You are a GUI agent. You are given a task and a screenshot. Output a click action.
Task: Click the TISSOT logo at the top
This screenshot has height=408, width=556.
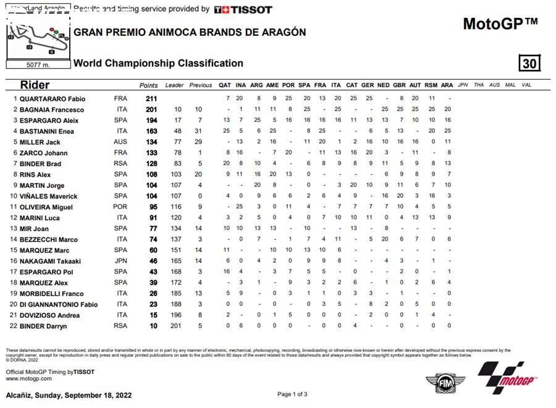243,9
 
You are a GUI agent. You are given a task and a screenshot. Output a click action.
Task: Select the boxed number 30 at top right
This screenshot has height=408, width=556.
529,64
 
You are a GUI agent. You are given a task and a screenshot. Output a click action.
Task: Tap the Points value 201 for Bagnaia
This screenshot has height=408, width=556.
151,109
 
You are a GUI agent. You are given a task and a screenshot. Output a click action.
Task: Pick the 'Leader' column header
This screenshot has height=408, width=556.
174,85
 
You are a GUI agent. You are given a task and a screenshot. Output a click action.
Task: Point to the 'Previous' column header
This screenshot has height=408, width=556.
200,85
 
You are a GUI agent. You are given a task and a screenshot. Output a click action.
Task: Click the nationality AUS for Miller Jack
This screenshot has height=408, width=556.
120,142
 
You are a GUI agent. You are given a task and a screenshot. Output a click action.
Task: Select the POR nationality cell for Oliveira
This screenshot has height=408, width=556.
120,207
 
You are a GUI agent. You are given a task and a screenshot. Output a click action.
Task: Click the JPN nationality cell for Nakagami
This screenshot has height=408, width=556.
120,261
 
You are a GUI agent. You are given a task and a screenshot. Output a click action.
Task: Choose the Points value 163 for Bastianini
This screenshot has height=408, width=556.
151,131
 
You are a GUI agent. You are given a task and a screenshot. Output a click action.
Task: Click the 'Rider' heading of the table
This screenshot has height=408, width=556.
35,85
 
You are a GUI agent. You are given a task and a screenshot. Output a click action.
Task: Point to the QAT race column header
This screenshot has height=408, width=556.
225,85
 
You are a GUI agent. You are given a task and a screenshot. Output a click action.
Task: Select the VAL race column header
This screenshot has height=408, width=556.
526,85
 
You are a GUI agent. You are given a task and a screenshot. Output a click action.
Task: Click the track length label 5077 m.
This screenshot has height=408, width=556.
38,64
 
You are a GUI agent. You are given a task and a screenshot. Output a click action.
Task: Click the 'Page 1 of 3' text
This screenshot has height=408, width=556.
292,394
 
